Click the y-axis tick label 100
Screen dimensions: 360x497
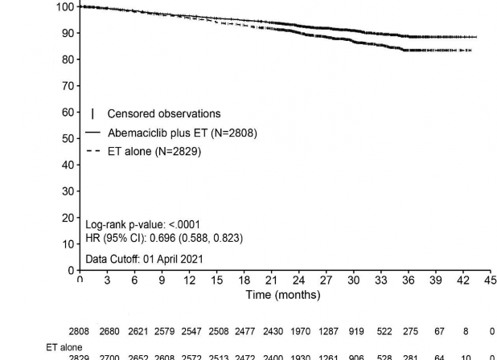tap(66, 7)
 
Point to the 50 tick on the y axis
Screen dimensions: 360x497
tap(69, 139)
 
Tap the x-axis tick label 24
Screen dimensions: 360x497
tap(298, 280)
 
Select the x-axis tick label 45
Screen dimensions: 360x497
tap(491, 280)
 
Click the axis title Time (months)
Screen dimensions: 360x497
tap(283, 295)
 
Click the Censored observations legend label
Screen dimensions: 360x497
tap(163, 114)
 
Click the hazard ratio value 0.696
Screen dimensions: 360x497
tap(176, 238)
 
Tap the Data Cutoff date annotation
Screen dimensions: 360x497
tap(144, 259)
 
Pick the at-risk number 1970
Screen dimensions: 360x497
tap(298, 331)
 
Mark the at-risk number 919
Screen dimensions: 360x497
tap(354, 331)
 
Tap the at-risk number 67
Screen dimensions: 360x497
tap(436, 331)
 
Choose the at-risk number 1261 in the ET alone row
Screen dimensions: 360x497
tap(327, 357)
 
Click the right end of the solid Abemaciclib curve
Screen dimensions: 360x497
tap(476, 37)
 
